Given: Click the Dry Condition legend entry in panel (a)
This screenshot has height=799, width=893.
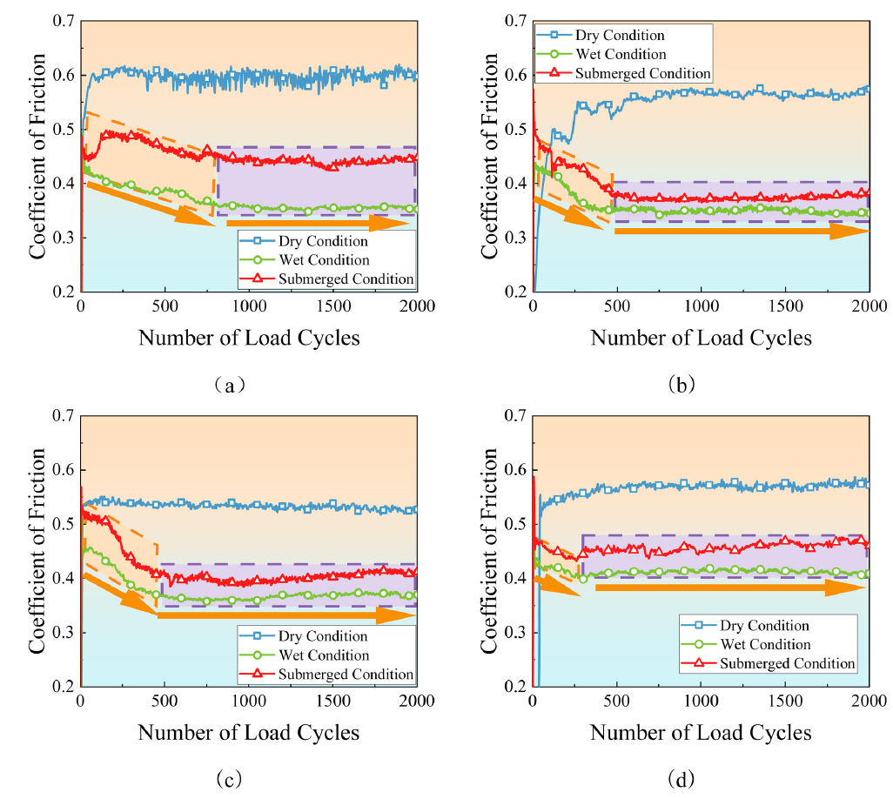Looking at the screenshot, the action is (x=304, y=241).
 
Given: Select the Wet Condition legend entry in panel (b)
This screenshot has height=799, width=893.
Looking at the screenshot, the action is (x=601, y=54).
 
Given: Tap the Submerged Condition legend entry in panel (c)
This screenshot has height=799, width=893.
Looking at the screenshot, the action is (x=326, y=675).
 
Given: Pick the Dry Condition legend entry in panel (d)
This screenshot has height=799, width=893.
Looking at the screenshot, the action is (x=745, y=625).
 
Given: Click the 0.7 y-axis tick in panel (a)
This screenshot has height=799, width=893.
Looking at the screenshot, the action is (x=64, y=21).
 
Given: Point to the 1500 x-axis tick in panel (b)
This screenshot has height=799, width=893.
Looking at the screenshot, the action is (x=785, y=306).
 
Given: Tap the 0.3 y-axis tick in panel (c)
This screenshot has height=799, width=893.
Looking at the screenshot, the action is (x=64, y=633).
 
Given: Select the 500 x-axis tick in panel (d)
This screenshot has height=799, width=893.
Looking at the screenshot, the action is (x=616, y=701).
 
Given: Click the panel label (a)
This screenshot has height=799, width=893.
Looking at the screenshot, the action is (x=230, y=386).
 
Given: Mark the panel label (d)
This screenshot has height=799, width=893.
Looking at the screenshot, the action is (x=681, y=778).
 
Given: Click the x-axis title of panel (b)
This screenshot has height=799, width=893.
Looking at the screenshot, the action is (x=701, y=338).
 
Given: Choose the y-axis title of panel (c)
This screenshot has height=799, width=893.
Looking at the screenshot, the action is (x=37, y=551).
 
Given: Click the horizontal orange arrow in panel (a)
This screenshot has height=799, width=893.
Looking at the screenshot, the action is (x=317, y=223).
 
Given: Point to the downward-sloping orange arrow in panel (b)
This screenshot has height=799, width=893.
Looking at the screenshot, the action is (x=568, y=213).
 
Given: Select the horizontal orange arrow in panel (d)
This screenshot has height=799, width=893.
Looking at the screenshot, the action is (x=731, y=587).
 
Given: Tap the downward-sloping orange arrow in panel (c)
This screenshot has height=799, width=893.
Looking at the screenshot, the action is (x=121, y=594).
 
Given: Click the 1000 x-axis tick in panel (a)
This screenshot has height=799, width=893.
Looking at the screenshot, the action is (x=249, y=306).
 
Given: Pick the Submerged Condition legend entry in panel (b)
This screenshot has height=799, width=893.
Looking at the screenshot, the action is (x=623, y=73).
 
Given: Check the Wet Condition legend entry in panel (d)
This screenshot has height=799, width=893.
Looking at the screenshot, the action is (x=746, y=644).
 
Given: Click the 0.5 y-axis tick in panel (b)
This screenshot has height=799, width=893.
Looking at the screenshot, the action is (x=515, y=130).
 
